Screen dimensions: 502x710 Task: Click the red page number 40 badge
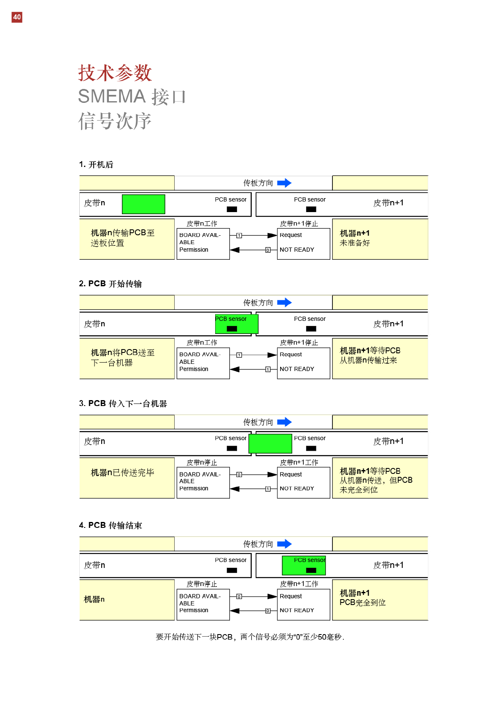pos(17,17)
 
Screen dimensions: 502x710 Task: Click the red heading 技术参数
pos(115,73)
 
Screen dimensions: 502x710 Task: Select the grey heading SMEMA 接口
pos(132,97)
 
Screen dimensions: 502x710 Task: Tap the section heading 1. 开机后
pos(96,164)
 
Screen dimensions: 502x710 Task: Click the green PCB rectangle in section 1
pos(143,204)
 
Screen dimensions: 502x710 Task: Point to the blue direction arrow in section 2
pos(284,302)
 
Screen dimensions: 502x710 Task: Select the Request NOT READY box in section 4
pos(303,604)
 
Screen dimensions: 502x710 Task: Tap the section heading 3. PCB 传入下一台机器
pos(123,403)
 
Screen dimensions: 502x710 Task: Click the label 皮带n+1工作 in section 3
pos(299,463)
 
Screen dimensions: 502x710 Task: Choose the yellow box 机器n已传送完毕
pos(127,478)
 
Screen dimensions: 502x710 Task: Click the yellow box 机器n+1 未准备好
pos(380,239)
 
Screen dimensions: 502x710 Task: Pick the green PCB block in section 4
pos(304,565)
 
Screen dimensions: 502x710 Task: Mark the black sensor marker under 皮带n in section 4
pos(232,570)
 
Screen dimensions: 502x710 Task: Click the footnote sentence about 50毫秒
pos(250,637)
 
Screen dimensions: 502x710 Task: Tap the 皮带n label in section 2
pos(94,324)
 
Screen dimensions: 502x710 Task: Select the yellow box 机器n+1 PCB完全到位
pos(380,600)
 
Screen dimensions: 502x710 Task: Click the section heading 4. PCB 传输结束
pos(111,525)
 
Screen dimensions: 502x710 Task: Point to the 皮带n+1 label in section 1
pos(388,203)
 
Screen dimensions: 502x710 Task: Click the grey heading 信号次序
pos(115,121)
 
